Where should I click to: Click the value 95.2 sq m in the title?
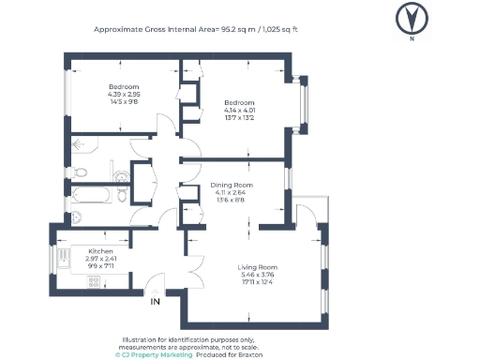tap(237, 29)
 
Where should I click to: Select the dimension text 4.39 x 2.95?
tap(123, 94)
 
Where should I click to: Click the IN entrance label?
tap(155, 302)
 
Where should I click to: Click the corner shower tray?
tap(79, 145)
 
